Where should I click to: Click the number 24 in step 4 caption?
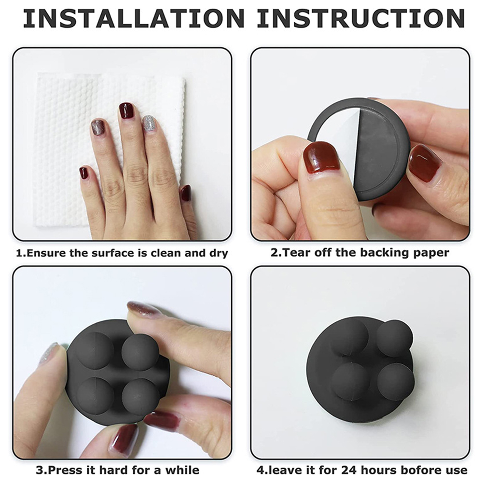click(349, 470)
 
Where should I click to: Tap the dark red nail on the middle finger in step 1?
click(126, 110)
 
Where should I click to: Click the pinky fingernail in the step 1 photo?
click(84, 173)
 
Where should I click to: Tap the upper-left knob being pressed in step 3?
click(95, 350)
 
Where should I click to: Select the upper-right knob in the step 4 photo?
click(394, 338)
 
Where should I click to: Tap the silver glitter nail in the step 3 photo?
click(49, 353)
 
